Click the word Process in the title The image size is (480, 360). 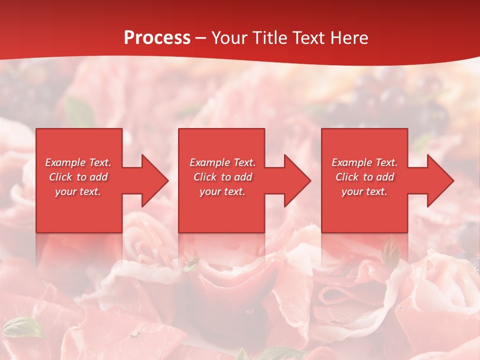click(157, 37)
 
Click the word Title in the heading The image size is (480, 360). click(270, 37)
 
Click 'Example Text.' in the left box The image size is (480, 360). click(78, 162)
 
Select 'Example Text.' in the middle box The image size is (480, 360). click(222, 162)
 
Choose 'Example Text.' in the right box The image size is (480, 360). click(364, 162)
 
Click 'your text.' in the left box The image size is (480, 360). click(78, 191)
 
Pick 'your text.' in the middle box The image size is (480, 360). click(222, 191)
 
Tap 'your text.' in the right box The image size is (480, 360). click(364, 191)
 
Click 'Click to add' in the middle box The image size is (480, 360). click(222, 177)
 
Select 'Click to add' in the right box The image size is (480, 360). click(364, 177)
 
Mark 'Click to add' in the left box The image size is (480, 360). click(78, 177)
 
